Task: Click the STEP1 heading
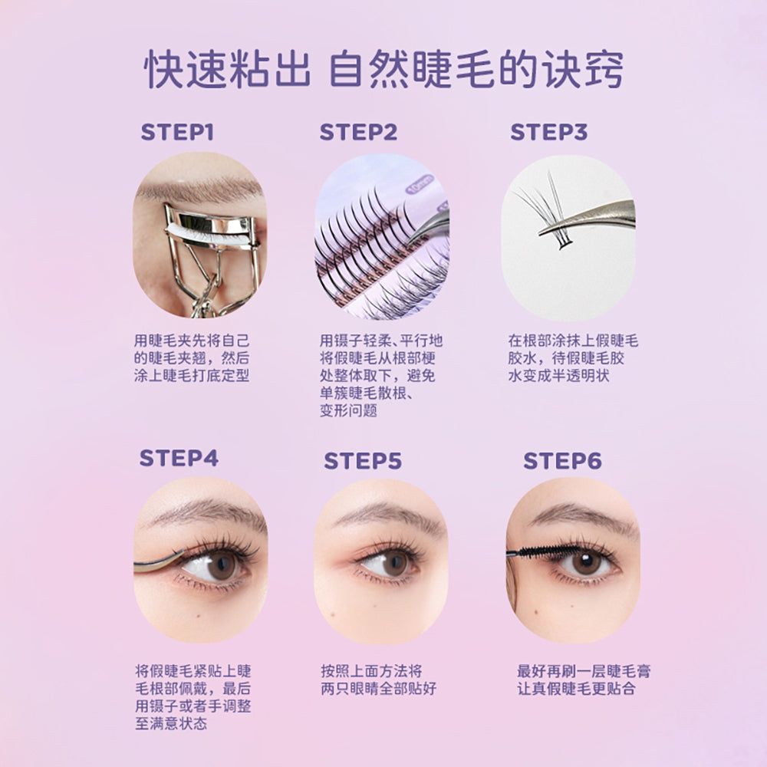176,132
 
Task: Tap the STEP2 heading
359,132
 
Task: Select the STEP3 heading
549,132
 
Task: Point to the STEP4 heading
179,459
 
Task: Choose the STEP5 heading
363,461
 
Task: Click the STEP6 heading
562,461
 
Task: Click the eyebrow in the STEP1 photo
192,188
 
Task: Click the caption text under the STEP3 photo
573,358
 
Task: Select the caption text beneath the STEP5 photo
372,680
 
